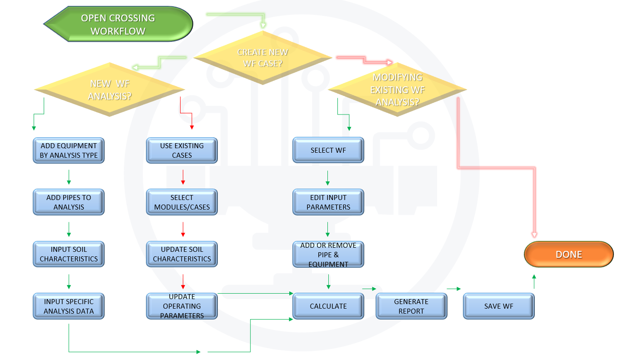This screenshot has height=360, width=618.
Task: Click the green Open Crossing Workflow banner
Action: click(118, 25)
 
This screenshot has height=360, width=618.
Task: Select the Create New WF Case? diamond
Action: click(262, 58)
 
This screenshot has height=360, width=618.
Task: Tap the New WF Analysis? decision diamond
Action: click(109, 89)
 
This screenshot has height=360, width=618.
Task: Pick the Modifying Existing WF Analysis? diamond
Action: click(397, 89)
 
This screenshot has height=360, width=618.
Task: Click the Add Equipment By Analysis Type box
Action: click(69, 150)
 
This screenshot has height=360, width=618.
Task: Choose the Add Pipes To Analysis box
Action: click(69, 202)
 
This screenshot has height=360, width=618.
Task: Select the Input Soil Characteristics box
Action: click(69, 254)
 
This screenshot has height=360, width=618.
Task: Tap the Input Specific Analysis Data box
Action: click(69, 306)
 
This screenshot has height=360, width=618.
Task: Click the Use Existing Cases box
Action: click(182, 150)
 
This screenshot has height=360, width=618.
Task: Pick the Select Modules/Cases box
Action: click(182, 202)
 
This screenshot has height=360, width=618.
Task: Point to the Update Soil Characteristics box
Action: click(182, 254)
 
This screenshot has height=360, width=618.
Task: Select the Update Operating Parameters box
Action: click(182, 306)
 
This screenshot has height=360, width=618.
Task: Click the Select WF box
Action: click(328, 150)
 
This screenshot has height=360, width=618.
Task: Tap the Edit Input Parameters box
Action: click(328, 202)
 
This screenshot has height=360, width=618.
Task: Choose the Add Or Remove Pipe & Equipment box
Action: click(328, 255)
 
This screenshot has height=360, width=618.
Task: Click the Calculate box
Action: click(328, 306)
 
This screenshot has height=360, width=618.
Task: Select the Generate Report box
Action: click(411, 306)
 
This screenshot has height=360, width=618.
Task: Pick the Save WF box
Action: click(498, 306)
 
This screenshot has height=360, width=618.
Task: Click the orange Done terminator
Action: click(568, 255)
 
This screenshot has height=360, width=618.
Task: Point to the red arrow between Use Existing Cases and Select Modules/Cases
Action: click(183, 177)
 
